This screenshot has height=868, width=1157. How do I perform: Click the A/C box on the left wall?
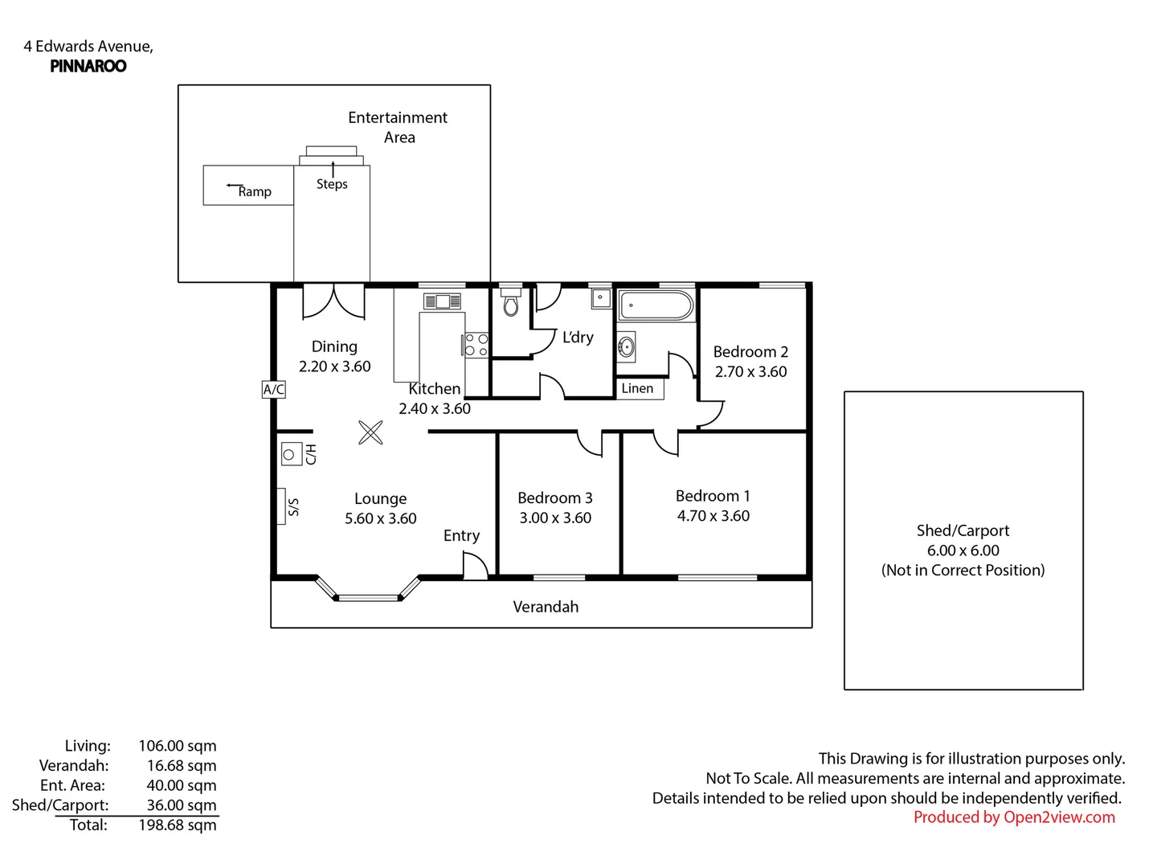tap(273, 390)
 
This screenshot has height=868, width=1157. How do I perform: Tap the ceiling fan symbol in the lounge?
tap(370, 432)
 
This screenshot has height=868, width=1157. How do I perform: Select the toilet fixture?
tap(511, 301)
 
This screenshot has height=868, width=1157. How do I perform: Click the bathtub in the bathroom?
tap(656, 305)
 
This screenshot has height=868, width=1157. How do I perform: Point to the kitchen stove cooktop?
tap(476, 345)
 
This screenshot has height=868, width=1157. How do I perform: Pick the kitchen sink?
tap(442, 301)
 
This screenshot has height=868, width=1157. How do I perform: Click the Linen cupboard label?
tap(637, 388)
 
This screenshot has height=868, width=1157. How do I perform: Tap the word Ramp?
tap(255, 192)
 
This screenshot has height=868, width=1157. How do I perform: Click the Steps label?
tap(332, 184)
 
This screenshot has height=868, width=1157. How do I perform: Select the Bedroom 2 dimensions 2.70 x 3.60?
tap(750, 371)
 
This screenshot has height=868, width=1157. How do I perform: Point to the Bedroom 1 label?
tap(713, 496)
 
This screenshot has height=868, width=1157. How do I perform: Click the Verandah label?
tap(546, 607)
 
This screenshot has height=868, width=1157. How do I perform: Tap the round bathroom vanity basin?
tap(626, 347)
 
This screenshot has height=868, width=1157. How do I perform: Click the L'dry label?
tap(578, 337)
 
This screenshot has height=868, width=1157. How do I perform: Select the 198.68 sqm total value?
tap(177, 825)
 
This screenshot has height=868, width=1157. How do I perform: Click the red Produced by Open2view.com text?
tap(1014, 817)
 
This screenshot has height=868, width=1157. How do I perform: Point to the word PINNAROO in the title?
tap(88, 67)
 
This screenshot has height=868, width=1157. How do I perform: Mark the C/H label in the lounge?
tap(311, 454)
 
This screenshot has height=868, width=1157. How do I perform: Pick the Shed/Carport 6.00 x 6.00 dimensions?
tap(963, 551)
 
